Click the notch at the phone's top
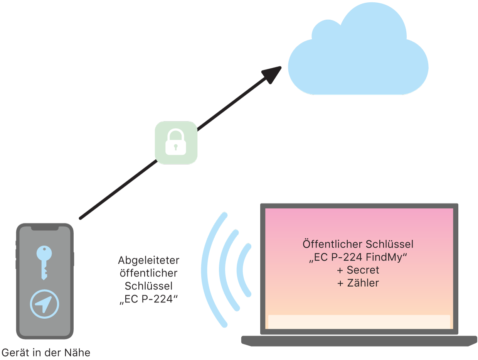[x=45, y=228]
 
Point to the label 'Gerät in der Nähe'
[x=46, y=352]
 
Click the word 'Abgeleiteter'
[x=148, y=260]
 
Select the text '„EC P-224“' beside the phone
[x=148, y=299]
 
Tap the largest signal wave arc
[x=210, y=270]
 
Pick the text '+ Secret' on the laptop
[x=358, y=270]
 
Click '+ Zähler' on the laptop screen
[x=358, y=283]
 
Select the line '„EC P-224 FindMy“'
[x=358, y=257]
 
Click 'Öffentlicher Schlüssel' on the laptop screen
[x=358, y=244]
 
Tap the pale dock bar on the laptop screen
[x=359, y=321]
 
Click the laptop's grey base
[x=359, y=340]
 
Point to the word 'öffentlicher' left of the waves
[x=148, y=273]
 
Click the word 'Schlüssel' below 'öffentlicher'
[x=148, y=286]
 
